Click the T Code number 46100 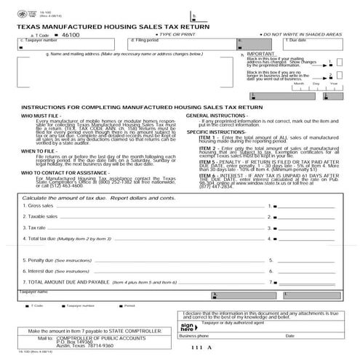click(70, 34)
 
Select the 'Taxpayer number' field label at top click(41, 41)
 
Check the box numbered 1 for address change click(337, 63)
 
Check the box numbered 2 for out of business click(337, 76)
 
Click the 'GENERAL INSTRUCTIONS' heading click(219, 115)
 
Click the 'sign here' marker click(187, 327)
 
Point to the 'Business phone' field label click(194, 336)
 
